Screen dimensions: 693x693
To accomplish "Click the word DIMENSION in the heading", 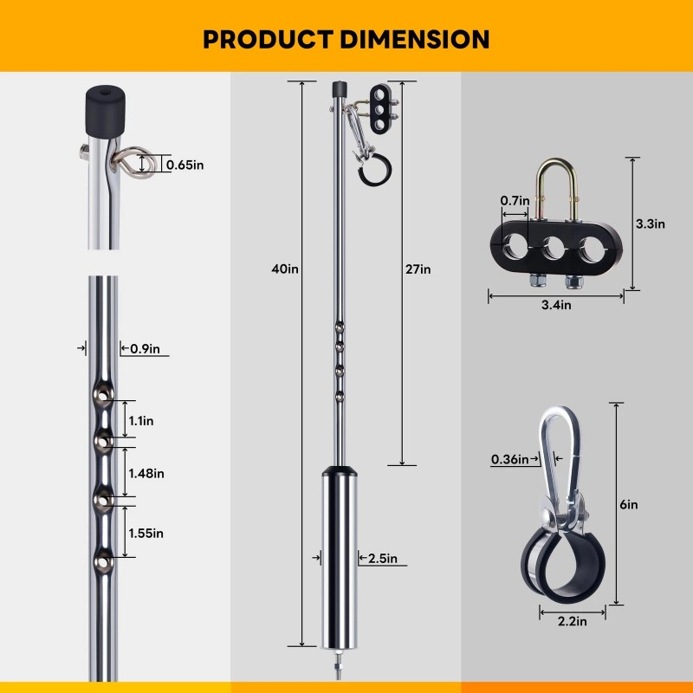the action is point(415,39).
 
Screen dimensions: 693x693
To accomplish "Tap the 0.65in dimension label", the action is point(185,165).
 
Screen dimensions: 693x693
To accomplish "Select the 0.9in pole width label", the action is point(145,349).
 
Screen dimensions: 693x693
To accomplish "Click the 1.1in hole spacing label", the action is point(141,420).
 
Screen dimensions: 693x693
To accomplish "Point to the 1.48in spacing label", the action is point(146,473).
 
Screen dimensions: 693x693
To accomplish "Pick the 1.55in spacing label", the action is point(146,533).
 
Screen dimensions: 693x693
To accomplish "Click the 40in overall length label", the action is point(285,269).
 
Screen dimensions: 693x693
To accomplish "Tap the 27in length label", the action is point(418,269).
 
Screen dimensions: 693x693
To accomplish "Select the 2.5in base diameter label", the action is point(383,558).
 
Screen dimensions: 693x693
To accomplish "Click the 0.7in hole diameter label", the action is point(515,201).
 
